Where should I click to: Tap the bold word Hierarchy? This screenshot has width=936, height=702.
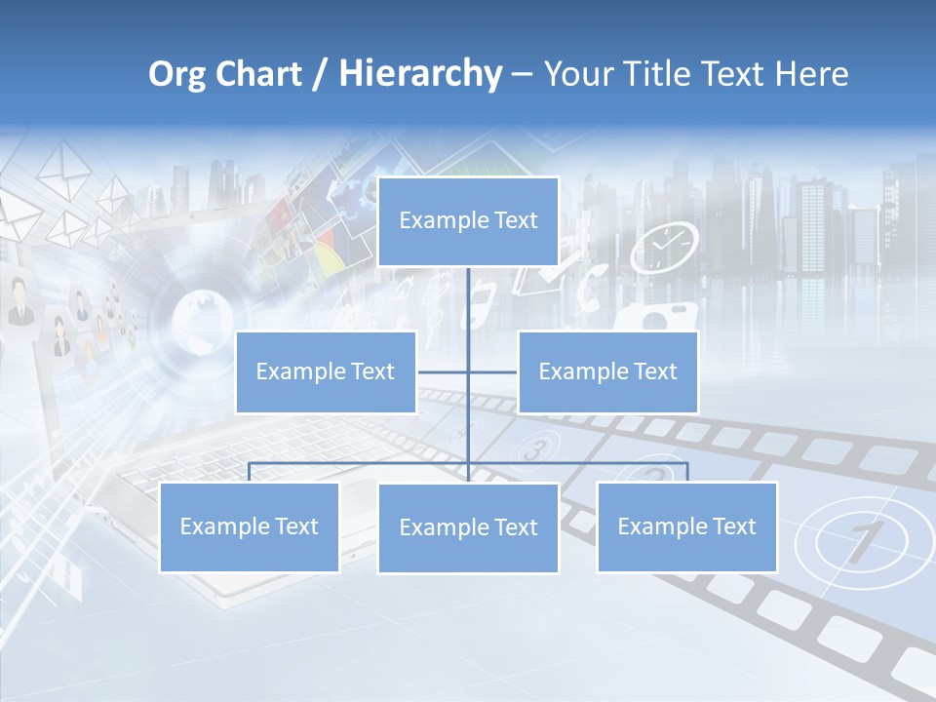click(420, 74)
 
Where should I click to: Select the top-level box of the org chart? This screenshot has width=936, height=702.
click(468, 220)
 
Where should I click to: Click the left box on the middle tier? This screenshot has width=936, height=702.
click(326, 371)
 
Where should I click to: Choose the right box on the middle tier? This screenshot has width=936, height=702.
click(607, 371)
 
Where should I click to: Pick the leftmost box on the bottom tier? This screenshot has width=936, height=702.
click(249, 526)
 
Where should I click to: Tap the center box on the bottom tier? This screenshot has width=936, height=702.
click(468, 527)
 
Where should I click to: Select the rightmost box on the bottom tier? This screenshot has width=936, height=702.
click(686, 526)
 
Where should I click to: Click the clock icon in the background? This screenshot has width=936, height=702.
click(664, 248)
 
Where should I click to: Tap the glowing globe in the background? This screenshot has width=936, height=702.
click(203, 321)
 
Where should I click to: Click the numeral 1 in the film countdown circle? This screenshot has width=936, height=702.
click(859, 542)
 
